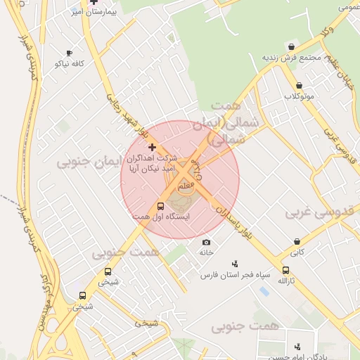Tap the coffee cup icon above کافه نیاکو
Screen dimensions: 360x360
tap(69, 53)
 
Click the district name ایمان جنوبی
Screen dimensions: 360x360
tap(84, 163)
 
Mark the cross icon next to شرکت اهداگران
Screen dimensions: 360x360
tap(152, 147)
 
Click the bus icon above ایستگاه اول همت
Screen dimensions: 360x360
tap(160, 207)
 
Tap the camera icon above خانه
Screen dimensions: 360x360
tap(206, 242)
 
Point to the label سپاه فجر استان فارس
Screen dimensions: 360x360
tap(234, 276)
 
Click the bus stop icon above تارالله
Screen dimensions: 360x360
tap(285, 270)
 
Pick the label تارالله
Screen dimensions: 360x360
tap(284, 281)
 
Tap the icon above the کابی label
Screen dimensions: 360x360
tap(297, 241)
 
